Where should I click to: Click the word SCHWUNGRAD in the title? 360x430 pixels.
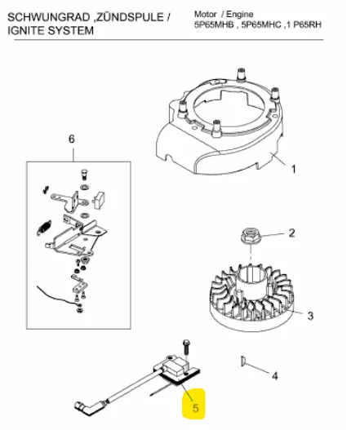coord(48,17)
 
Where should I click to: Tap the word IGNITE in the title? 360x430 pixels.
coord(26,30)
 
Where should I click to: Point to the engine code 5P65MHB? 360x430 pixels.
coord(215,24)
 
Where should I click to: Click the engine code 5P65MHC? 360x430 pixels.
coord(261,24)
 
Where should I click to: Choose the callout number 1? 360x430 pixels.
coord(294,169)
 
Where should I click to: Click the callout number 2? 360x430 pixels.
coord(291,233)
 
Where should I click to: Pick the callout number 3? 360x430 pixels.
coord(310,316)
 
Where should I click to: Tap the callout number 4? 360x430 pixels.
coord(274,375)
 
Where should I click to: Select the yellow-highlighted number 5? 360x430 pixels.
coord(195,408)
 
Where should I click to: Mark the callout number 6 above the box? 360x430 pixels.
coord(71,139)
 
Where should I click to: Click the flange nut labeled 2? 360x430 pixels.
coord(251,237)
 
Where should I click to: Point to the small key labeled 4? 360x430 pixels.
coord(242,361)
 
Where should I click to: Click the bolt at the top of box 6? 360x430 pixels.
coord(85,175)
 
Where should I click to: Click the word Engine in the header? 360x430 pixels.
coord(239,14)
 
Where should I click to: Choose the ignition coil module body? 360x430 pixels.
coord(173,367)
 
